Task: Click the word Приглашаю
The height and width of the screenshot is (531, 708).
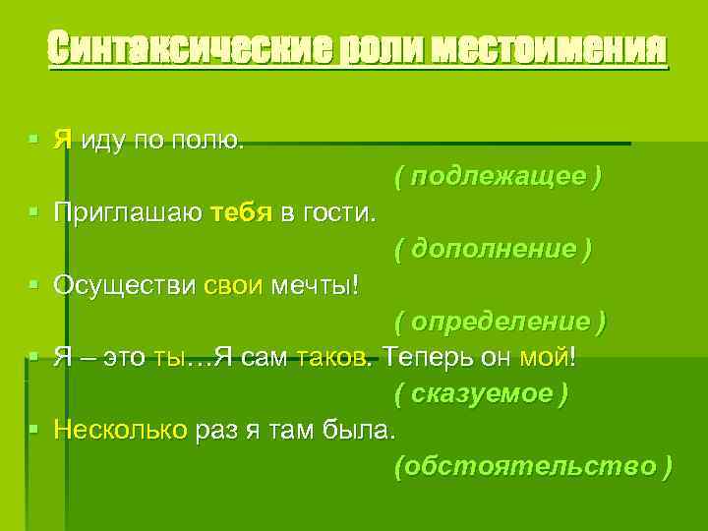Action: (x=128, y=213)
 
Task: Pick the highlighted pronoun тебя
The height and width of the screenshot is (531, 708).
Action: (x=240, y=212)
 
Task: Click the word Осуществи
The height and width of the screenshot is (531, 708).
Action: (x=126, y=285)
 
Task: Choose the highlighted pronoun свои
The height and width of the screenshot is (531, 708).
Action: (x=234, y=285)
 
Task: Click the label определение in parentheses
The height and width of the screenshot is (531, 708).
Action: (x=501, y=322)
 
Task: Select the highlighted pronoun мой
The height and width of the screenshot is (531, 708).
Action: (x=546, y=358)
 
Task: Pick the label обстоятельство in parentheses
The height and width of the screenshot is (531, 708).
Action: (x=533, y=465)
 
